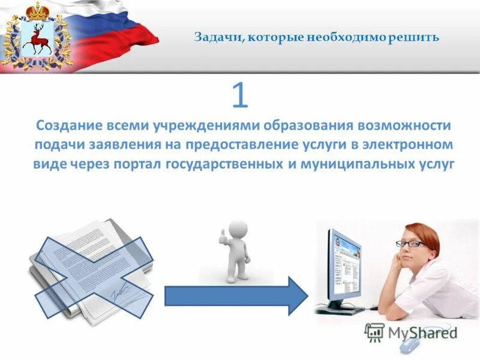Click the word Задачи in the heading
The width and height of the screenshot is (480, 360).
tap(216, 37)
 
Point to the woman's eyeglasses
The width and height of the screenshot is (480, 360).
tap(410, 244)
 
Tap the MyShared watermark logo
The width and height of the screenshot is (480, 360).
tap(412, 331)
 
